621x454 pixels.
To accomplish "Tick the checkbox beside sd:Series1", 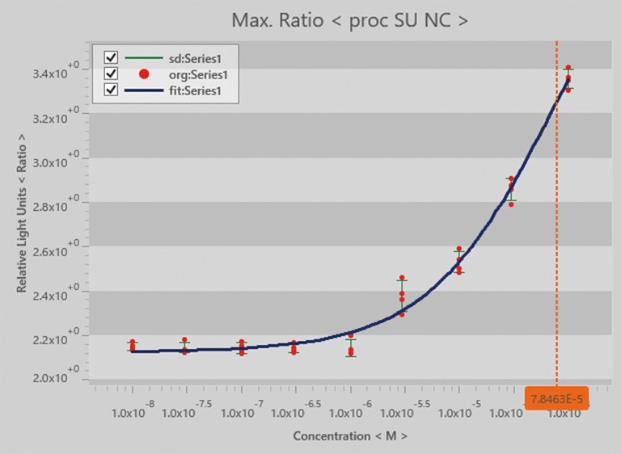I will pyautogui.click(x=111, y=57).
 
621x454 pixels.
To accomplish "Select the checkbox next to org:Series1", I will pyautogui.click(x=111, y=74).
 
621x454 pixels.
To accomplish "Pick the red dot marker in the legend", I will pyautogui.click(x=145, y=74).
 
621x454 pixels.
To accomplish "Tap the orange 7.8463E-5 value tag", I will pyautogui.click(x=556, y=398).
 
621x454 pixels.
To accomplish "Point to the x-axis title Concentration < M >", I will pyautogui.click(x=349, y=436).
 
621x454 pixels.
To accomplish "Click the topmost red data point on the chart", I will pyautogui.click(x=568, y=68).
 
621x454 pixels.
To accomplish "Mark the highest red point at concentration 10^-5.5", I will pyautogui.click(x=402, y=278).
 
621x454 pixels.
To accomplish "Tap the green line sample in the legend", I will pyautogui.click(x=145, y=58).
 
